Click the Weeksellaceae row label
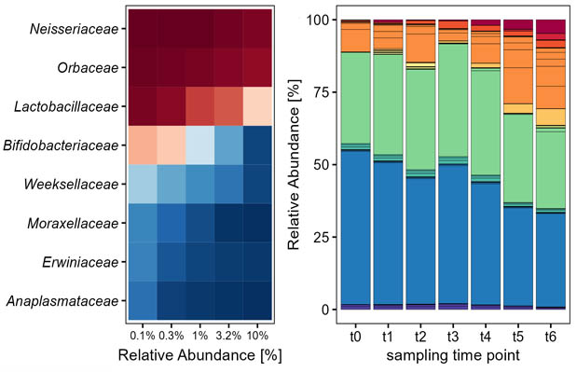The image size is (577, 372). tap(75, 184)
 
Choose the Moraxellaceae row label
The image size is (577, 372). tap(75, 223)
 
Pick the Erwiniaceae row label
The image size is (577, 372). tap(83, 262)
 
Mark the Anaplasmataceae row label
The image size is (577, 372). tap(67, 301)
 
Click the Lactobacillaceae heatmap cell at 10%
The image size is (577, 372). tap(257, 106)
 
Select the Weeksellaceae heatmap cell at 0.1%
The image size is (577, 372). tap(143, 184)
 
